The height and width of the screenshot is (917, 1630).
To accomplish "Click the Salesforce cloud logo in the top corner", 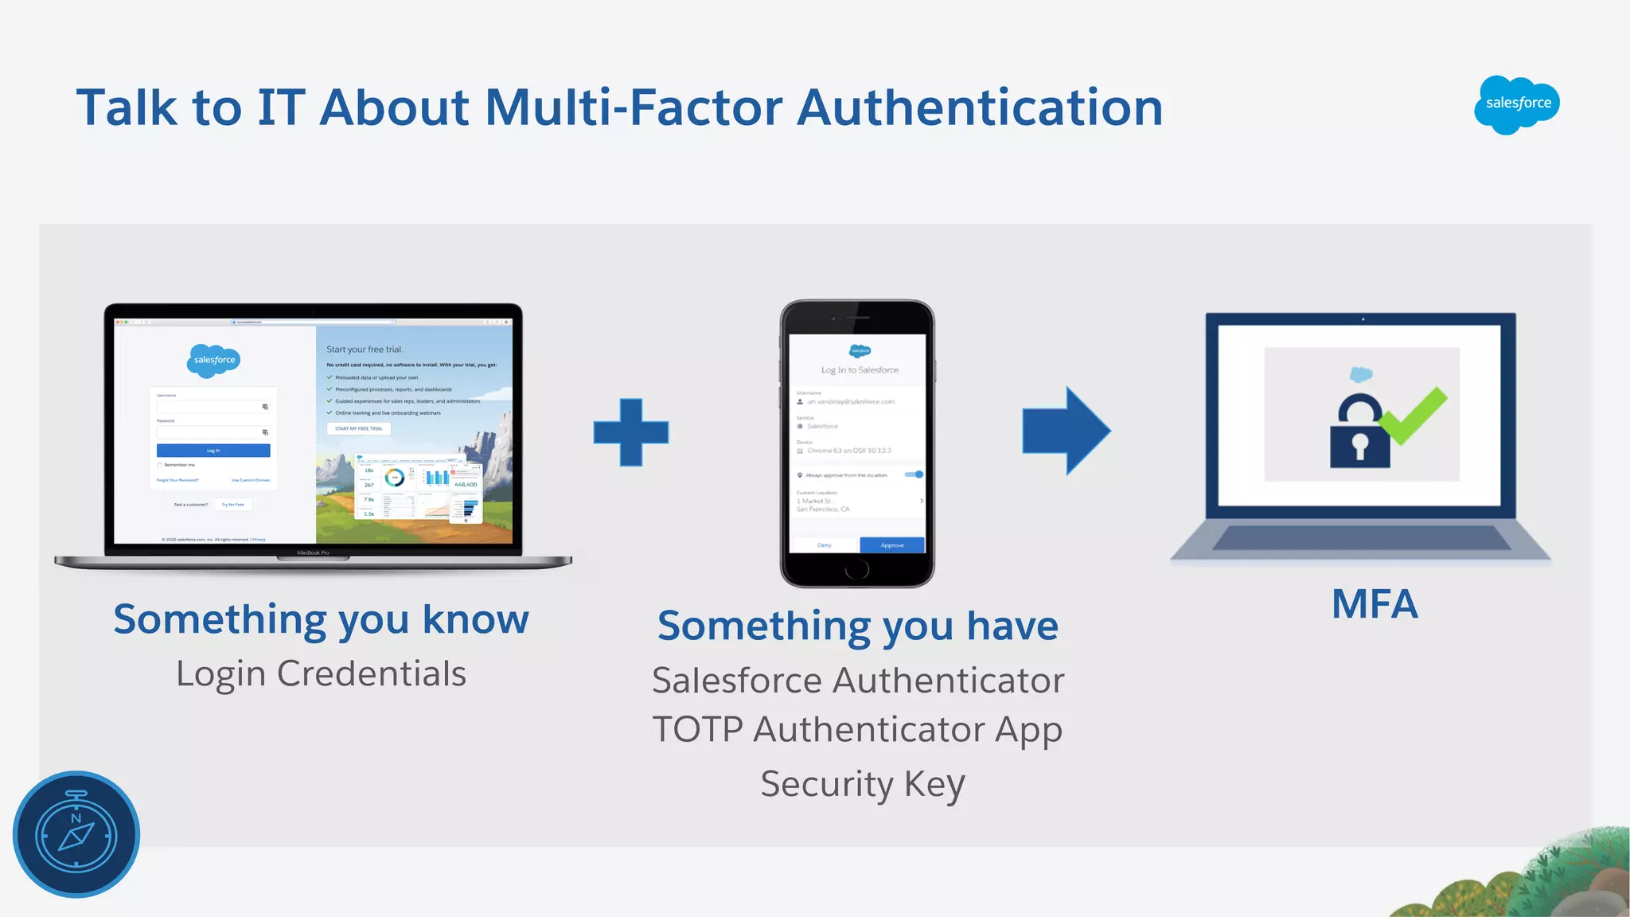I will (x=1517, y=104).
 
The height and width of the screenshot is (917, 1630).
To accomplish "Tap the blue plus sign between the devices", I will (x=630, y=432).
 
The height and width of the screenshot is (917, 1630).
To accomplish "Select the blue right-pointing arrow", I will (x=1067, y=431).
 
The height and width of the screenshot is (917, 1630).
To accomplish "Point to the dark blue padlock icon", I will (x=1359, y=434).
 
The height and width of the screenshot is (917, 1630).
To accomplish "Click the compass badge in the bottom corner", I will (x=76, y=834).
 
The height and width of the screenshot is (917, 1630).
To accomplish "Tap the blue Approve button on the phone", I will (x=892, y=545).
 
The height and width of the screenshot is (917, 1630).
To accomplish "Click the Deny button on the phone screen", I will (x=824, y=545).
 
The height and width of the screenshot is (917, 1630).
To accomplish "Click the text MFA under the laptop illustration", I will (x=1375, y=604).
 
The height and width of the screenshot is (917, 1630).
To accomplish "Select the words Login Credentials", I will (x=321, y=673).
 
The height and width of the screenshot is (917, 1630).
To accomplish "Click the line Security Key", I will (x=862, y=784).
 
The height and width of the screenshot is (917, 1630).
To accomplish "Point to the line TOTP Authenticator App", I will (x=857, y=729).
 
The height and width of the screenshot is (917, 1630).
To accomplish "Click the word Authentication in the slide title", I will (x=980, y=107).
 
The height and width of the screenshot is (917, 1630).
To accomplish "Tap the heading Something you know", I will (x=321, y=619).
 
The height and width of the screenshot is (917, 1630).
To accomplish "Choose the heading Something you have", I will (x=858, y=626).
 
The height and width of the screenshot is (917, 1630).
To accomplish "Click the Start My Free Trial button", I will (x=359, y=428).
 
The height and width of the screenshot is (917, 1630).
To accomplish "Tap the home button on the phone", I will (x=857, y=569).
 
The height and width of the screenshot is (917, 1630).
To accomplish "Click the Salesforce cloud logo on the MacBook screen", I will (x=214, y=360).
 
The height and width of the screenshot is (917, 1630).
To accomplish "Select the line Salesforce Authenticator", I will (x=858, y=681).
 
